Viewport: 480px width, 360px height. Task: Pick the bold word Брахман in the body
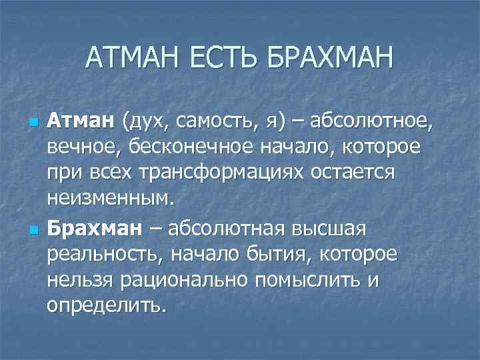94,229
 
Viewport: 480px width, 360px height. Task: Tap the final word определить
105,305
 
